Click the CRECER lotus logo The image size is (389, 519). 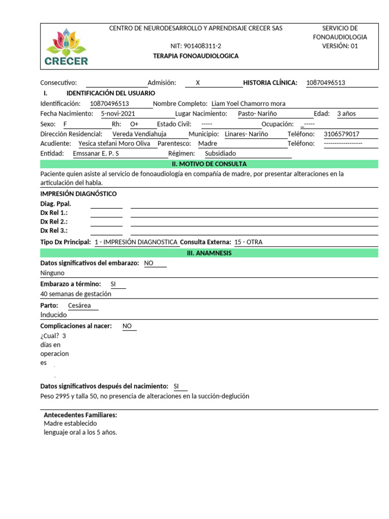tap(66, 47)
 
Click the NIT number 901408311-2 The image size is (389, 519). tap(196, 46)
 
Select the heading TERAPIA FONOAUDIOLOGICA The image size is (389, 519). tap(196, 56)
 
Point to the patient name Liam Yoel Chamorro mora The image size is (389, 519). tap(248, 103)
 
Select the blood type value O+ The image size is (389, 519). tap(134, 124)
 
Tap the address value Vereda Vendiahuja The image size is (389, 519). tap(139, 134)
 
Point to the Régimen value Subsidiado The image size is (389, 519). tap(220, 153)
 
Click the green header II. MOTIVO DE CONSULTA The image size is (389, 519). tap(209, 164)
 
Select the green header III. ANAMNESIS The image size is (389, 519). tap(209, 253)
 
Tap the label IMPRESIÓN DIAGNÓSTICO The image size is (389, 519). tap(79, 194)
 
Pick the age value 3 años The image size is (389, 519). tap(346, 114)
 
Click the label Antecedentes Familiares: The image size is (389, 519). tap(81, 415)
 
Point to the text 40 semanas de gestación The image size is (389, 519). tap(76, 293)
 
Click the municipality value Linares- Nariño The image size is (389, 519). tap(246, 134)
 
